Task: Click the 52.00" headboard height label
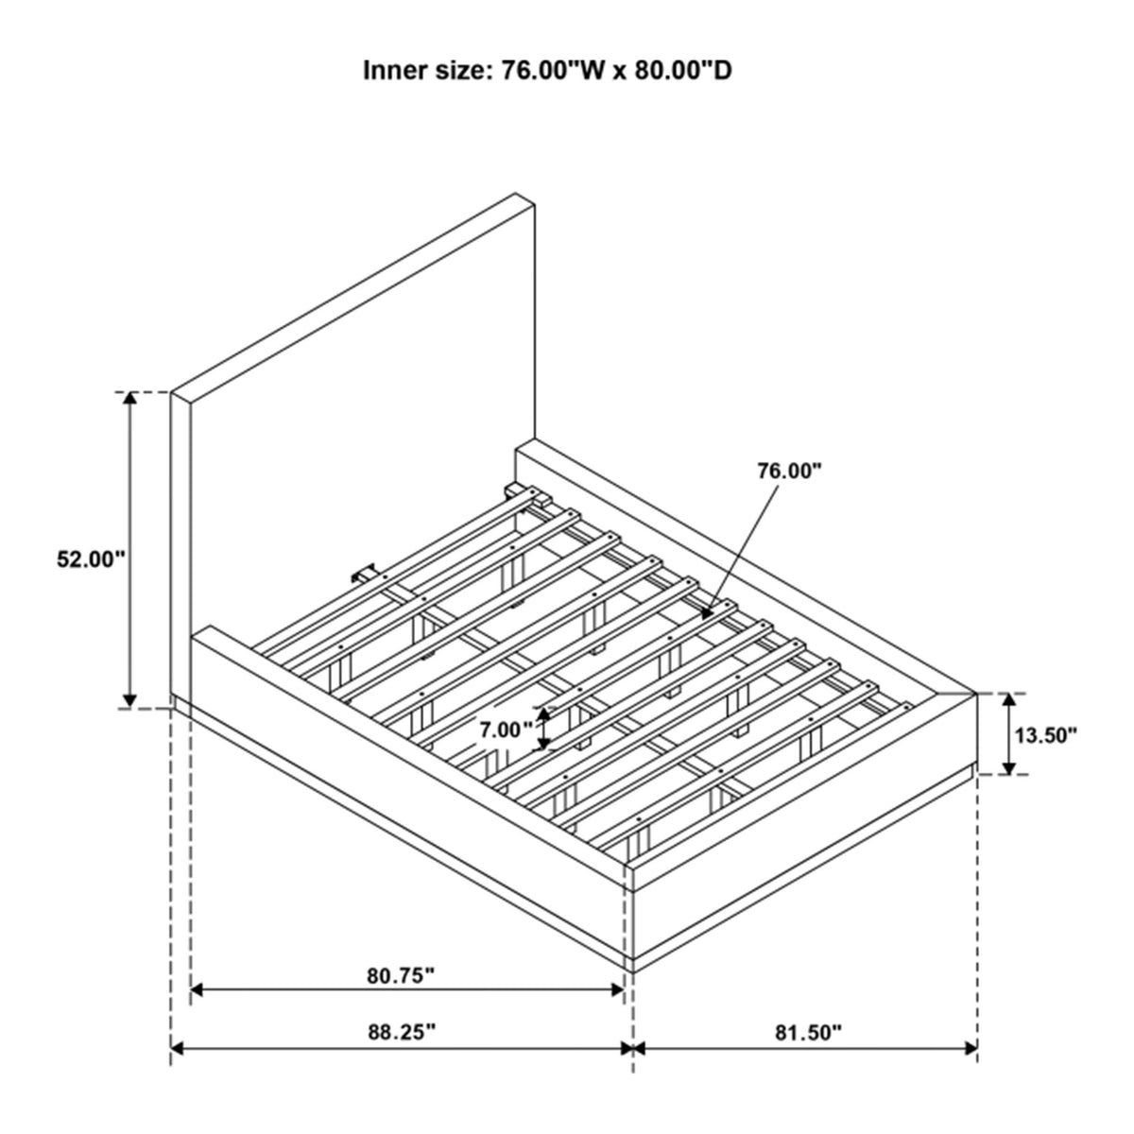coord(92,559)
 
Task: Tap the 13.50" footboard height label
coord(1046,735)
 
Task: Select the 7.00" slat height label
coord(502,730)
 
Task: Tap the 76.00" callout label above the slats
coord(788,471)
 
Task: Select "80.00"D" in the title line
coord(682,71)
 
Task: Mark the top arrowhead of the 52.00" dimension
coord(130,398)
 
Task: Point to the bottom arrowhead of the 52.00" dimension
coord(130,700)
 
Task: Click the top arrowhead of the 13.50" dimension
coord(1008,700)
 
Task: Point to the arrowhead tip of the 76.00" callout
coord(704,617)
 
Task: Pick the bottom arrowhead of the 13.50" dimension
coord(1008,767)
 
